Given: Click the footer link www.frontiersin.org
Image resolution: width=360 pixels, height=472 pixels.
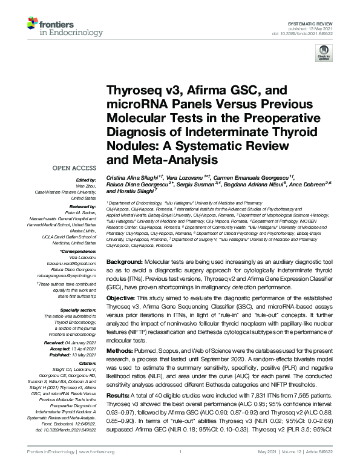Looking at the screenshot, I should [76, 468].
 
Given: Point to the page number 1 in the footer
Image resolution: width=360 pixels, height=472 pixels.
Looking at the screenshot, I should [180, 468].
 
